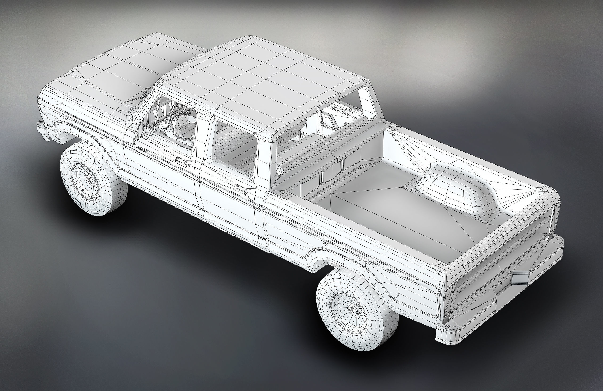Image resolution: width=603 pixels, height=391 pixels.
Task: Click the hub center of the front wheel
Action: tap(89, 178)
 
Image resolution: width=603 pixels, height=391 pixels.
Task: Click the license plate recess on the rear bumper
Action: tap(503, 284)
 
